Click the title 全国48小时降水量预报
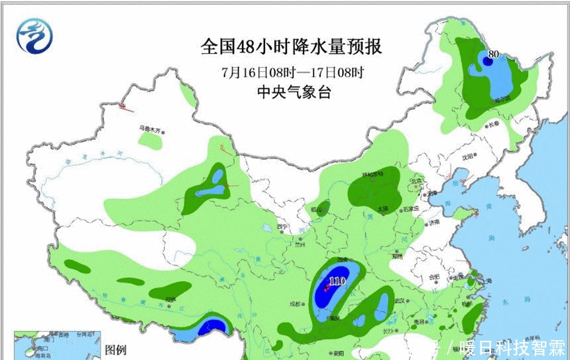(x=292, y=48)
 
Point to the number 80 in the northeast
(x=493, y=54)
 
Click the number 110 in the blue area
(x=337, y=281)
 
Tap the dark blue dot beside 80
(x=486, y=61)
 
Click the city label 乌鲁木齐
(x=150, y=130)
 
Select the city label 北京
(x=416, y=180)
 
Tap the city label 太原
(x=382, y=210)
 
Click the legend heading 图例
(x=116, y=349)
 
